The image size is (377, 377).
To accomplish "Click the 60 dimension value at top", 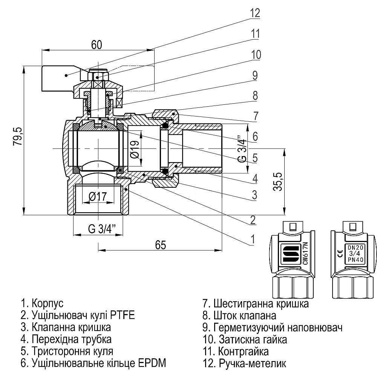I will (x=96, y=44).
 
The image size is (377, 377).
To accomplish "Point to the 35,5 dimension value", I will (x=279, y=183).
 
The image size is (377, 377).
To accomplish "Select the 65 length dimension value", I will (x=161, y=245).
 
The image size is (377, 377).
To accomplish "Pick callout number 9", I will (x=255, y=75).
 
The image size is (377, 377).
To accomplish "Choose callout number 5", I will (x=255, y=158).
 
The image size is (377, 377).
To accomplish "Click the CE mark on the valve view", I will (x=339, y=254).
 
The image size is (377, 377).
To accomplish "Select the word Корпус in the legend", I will (x=48, y=303).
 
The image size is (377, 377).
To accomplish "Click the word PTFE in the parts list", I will (x=121, y=315).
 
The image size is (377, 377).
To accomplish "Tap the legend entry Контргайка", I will (x=243, y=351).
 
